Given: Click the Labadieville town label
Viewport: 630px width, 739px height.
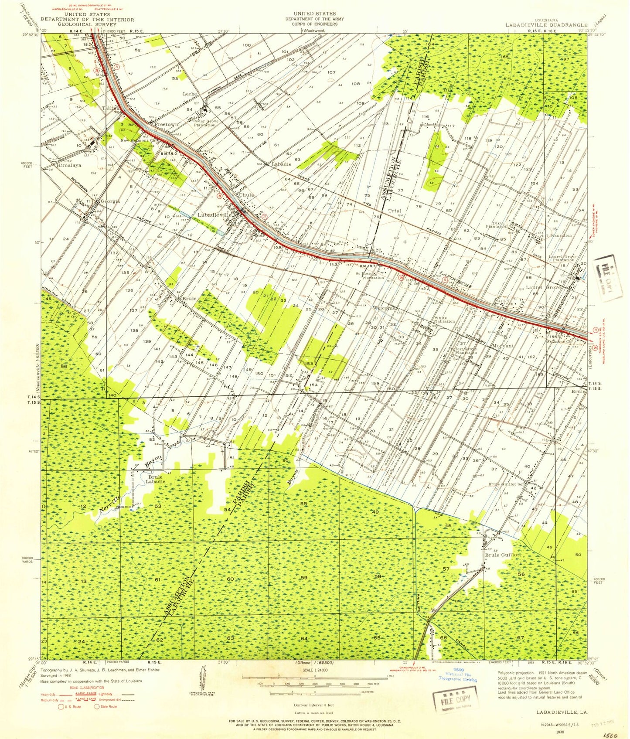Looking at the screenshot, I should [214, 215].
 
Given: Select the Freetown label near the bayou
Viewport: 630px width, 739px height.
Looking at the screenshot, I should [167, 125].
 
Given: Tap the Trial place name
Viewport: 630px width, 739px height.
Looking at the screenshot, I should [395, 211].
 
